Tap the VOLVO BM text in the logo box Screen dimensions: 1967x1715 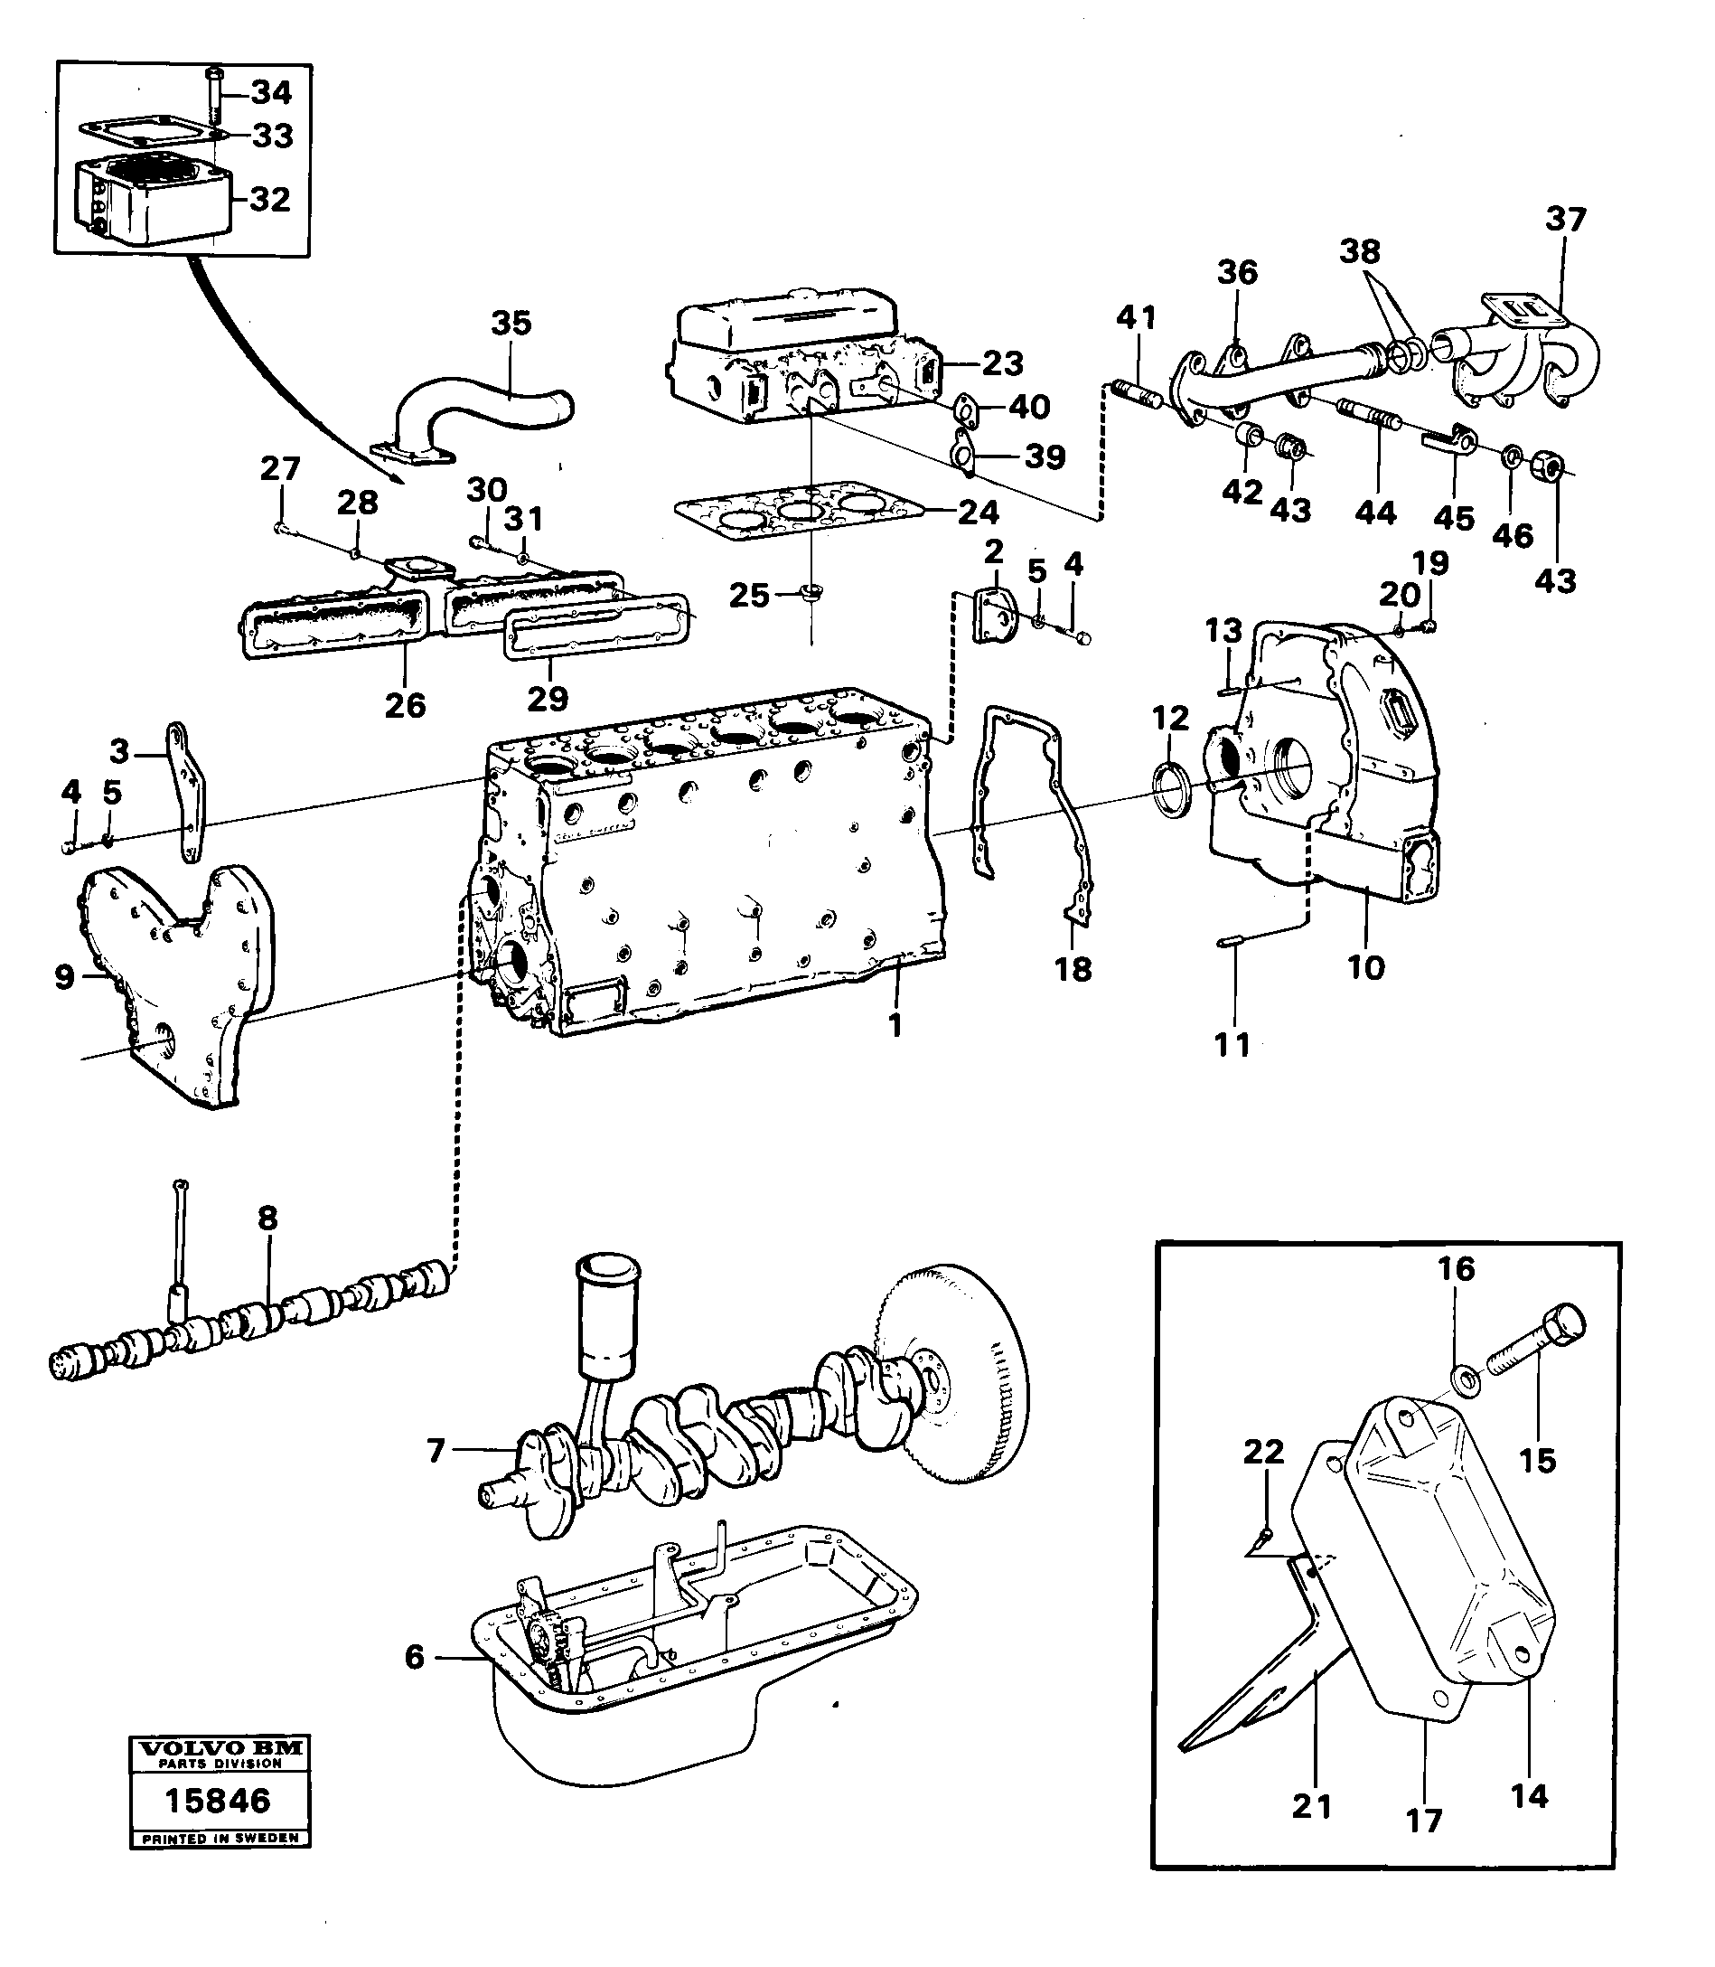220,1748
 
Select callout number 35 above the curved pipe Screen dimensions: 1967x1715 511,324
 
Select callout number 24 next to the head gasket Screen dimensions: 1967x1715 978,513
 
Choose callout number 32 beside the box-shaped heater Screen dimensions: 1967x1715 269,199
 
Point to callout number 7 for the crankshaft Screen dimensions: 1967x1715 436,1452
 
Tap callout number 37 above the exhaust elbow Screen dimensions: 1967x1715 1566,221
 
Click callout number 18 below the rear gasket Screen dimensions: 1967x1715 1073,970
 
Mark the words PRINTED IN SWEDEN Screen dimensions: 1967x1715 220,1838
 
